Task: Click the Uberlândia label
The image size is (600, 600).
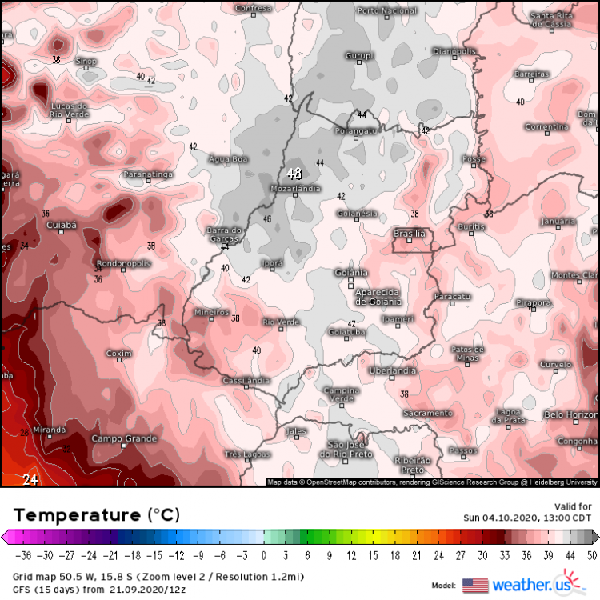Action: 392,370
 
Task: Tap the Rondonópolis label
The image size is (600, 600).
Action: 123,263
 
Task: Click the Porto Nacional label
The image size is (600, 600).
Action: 387,10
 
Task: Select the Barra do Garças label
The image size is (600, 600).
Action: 225,234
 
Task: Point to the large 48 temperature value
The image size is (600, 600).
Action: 294,174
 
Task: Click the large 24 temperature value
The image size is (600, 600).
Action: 30,480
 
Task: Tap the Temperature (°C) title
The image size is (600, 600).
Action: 97,514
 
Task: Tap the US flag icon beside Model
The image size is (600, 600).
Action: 475,585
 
